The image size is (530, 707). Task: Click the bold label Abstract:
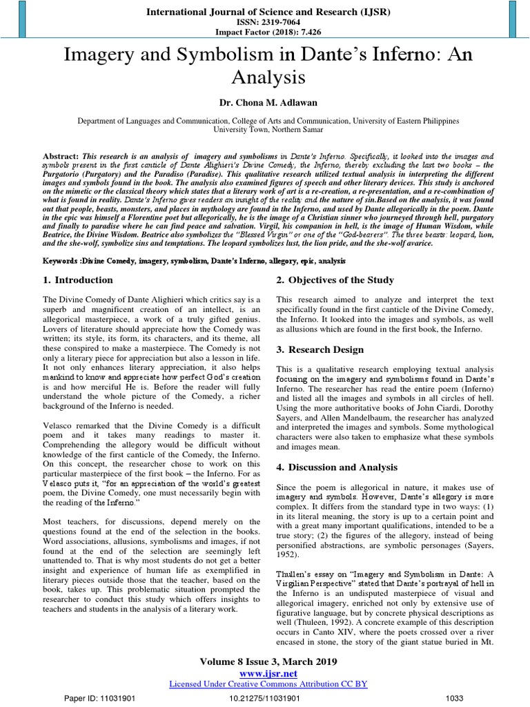point(60,156)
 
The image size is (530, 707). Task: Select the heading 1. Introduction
point(78,280)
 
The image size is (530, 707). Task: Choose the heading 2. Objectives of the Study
point(335,280)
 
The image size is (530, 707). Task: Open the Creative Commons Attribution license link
point(268,684)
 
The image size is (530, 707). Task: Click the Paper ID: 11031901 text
point(99,698)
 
